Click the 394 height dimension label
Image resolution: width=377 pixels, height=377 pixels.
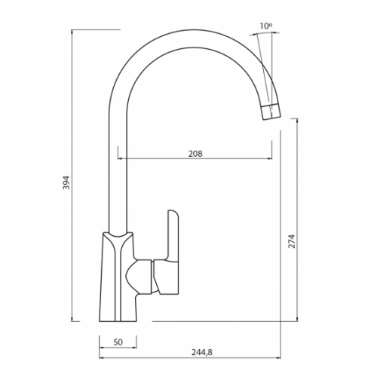pyautogui.click(x=66, y=182)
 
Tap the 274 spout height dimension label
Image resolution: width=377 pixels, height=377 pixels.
pyautogui.click(x=292, y=241)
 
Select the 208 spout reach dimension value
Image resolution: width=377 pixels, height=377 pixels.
pyautogui.click(x=195, y=154)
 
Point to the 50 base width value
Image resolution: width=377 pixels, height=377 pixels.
pyautogui.click(x=118, y=342)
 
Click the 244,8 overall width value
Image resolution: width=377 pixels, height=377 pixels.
pyautogui.click(x=202, y=352)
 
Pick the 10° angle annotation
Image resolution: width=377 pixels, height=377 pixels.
pyautogui.click(x=266, y=26)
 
